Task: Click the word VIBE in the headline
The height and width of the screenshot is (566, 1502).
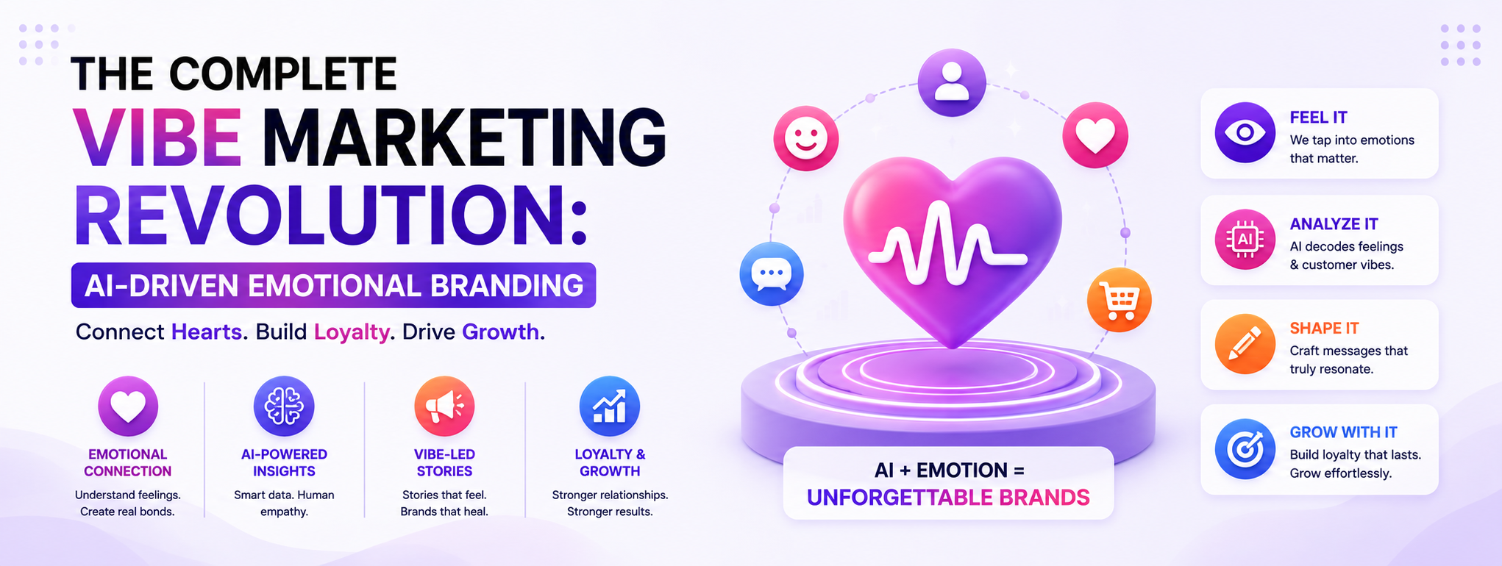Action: (x=157, y=137)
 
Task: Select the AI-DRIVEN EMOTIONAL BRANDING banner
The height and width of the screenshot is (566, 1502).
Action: (x=333, y=285)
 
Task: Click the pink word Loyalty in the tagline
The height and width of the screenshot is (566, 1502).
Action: (x=352, y=332)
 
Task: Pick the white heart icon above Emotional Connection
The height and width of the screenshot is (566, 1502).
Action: (x=128, y=406)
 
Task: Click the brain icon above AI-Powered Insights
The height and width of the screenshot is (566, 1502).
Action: (x=284, y=406)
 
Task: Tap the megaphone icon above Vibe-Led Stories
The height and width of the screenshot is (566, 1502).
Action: (x=444, y=406)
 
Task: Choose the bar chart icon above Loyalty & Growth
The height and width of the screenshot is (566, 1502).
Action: (x=610, y=406)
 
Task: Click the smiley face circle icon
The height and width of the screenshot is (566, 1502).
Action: (x=806, y=138)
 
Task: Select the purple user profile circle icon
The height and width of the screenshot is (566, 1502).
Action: (x=952, y=82)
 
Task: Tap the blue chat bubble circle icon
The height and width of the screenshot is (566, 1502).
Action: (x=772, y=273)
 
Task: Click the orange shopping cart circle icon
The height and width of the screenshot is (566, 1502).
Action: (x=1120, y=300)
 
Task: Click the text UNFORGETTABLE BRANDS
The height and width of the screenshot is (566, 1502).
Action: (x=948, y=498)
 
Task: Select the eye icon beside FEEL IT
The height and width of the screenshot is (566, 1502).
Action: (x=1245, y=132)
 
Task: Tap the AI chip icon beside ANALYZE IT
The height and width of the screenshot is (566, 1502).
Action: (x=1245, y=240)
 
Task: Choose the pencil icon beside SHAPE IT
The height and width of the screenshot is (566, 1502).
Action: (x=1245, y=344)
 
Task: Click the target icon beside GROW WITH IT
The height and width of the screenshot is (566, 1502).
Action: (x=1245, y=449)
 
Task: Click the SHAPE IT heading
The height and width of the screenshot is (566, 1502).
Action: (x=1324, y=329)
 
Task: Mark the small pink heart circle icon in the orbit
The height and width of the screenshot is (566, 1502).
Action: (x=1095, y=135)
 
